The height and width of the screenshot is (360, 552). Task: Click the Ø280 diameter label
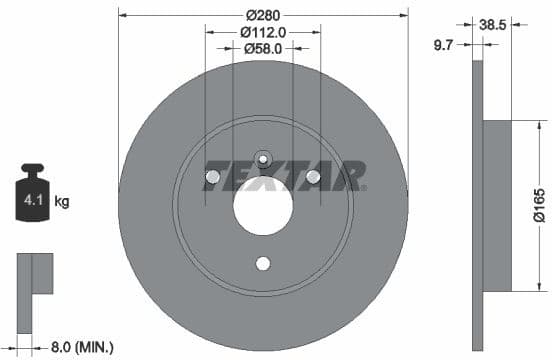pos(264,14)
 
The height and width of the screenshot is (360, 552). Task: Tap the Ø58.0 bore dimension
pos(264,47)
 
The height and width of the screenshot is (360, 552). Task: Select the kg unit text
pos(62,202)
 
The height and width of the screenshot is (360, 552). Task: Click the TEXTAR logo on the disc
pos(284,176)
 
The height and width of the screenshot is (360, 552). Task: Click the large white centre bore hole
pos(263,208)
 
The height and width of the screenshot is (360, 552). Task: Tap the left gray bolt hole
pos(212,178)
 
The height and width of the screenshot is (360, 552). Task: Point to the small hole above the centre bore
pos(263,157)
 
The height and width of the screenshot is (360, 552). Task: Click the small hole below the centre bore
pos(263,264)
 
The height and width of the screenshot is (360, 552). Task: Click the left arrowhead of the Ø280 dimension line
pos(123,14)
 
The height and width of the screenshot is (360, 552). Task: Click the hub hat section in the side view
pos(497,206)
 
